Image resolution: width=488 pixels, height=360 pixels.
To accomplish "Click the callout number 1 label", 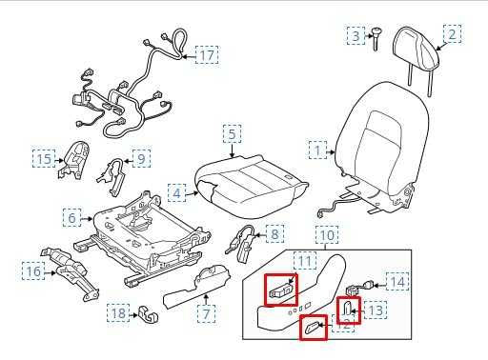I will pos(316,150).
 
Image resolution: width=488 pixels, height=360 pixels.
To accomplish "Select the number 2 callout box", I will pos(452,34).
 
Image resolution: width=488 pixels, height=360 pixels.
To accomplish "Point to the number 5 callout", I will pos(232,133).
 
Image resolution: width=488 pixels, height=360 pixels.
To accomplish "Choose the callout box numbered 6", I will pos(71,218).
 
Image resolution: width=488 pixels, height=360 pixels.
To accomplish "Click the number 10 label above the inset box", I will pos(326,234).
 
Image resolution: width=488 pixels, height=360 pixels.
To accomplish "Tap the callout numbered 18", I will pos(118,313).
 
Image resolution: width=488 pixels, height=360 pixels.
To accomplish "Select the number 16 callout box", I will pos(33,272).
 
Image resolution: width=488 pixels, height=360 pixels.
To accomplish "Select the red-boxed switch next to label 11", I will pos(280,290).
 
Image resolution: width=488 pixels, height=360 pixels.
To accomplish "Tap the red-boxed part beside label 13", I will pos(349,310).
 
